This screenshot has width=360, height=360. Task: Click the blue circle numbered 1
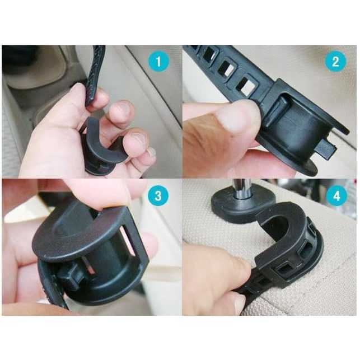click(158, 61)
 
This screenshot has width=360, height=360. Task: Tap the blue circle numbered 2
click(335, 61)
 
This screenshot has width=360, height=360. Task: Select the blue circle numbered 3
click(158, 196)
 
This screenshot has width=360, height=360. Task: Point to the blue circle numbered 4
click(336, 196)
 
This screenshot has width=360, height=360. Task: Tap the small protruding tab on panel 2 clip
click(325, 149)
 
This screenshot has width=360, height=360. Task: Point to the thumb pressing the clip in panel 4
click(218, 271)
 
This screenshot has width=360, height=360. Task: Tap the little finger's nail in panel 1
click(152, 153)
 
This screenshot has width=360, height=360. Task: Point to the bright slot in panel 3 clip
click(128, 241)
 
